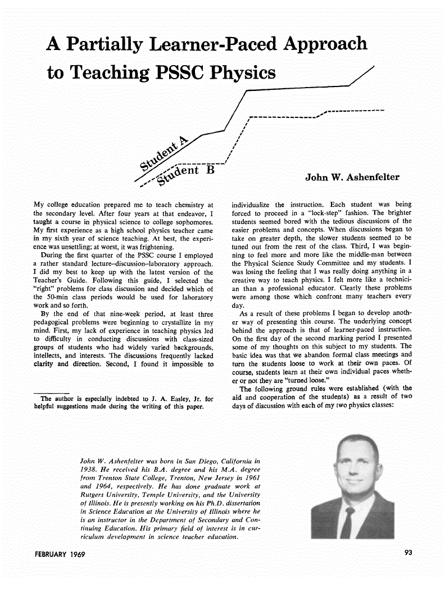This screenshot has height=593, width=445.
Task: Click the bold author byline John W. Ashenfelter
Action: pos(352,177)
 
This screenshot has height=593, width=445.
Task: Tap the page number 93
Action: pos(408,553)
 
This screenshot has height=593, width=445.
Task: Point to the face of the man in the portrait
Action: pos(351,472)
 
